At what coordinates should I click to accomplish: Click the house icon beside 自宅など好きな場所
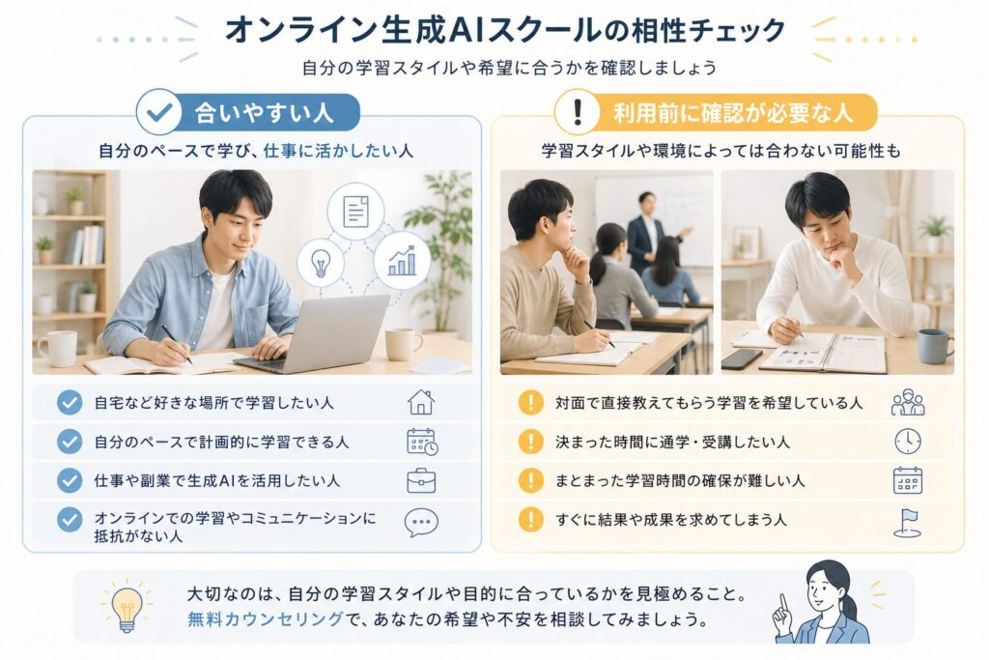(x=421, y=402)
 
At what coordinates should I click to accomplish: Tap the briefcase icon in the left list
(x=421, y=481)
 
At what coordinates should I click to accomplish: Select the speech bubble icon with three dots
(x=421, y=523)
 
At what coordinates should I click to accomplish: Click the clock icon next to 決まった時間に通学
(x=908, y=441)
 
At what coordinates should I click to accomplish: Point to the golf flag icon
(x=908, y=523)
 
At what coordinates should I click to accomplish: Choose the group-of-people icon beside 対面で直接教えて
(x=908, y=402)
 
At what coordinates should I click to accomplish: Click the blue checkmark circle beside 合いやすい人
(x=158, y=112)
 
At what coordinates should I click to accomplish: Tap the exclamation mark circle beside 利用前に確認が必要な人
(x=577, y=112)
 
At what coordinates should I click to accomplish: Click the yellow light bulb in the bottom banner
(x=127, y=608)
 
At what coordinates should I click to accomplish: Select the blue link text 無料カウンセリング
(x=265, y=619)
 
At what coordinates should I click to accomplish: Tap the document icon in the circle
(x=355, y=211)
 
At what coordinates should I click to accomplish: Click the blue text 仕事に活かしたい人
(x=338, y=151)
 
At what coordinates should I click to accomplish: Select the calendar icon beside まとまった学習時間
(x=908, y=481)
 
